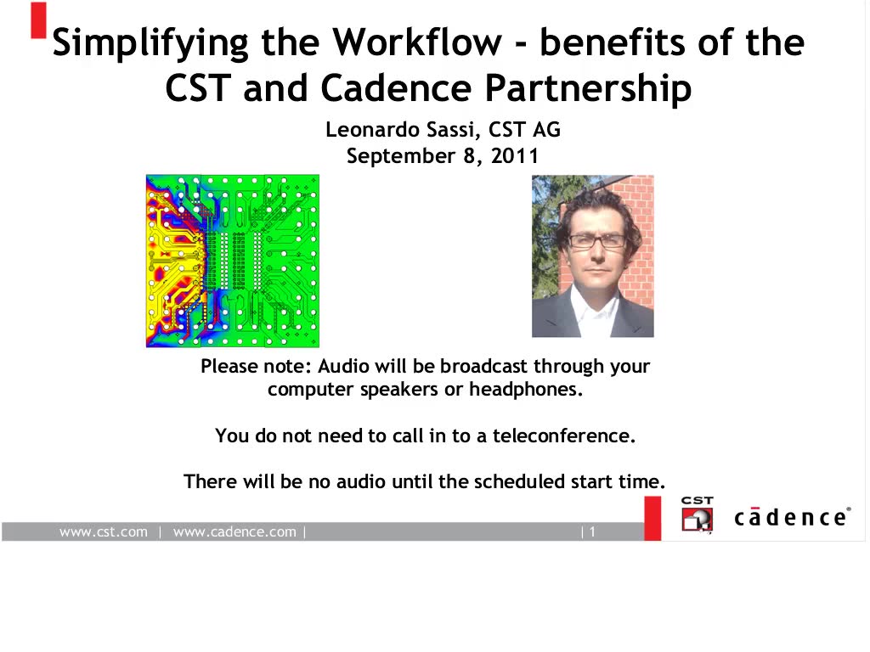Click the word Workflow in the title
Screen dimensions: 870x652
tap(416, 42)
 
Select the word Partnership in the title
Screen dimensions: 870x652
tap(589, 88)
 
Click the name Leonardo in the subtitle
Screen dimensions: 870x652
tap(372, 130)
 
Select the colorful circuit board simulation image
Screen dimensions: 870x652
tap(233, 261)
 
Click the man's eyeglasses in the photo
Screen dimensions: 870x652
tap(596, 241)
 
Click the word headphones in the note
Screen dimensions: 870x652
tap(525, 389)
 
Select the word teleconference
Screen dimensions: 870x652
tap(564, 436)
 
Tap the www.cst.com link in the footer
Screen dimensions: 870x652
tap(104, 531)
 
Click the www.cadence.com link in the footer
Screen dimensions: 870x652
tap(234, 531)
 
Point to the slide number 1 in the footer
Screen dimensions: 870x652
tap(592, 532)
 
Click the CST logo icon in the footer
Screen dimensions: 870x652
tap(698, 515)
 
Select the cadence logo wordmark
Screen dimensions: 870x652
tap(793, 517)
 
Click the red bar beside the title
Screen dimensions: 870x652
tap(38, 20)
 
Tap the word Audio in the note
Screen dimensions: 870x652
tap(343, 367)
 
